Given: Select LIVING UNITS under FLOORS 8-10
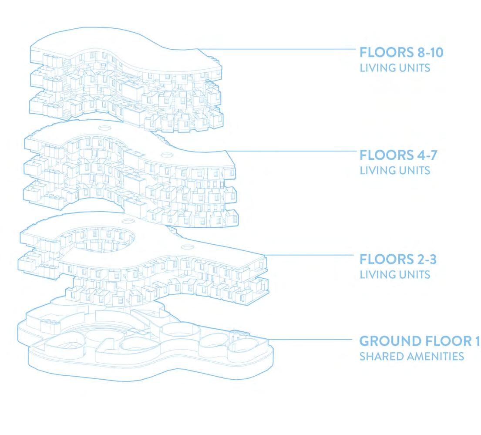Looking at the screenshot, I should coord(395,67).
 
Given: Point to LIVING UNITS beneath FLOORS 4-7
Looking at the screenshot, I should coord(395,170).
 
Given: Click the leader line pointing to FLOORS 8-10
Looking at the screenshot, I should coord(279,49).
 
